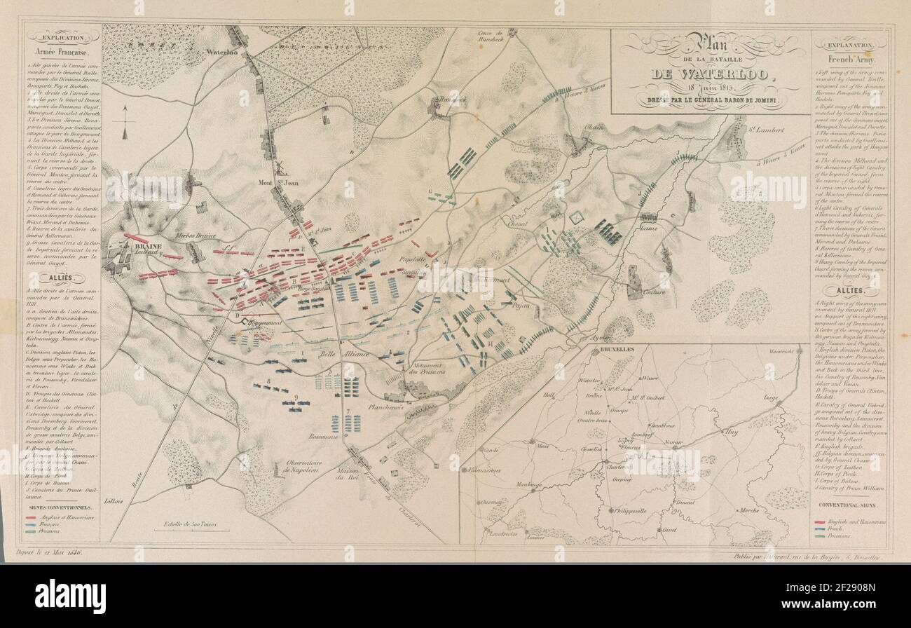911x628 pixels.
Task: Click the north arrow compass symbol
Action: (x=125, y=121)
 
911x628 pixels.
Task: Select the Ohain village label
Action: (x=594, y=127)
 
